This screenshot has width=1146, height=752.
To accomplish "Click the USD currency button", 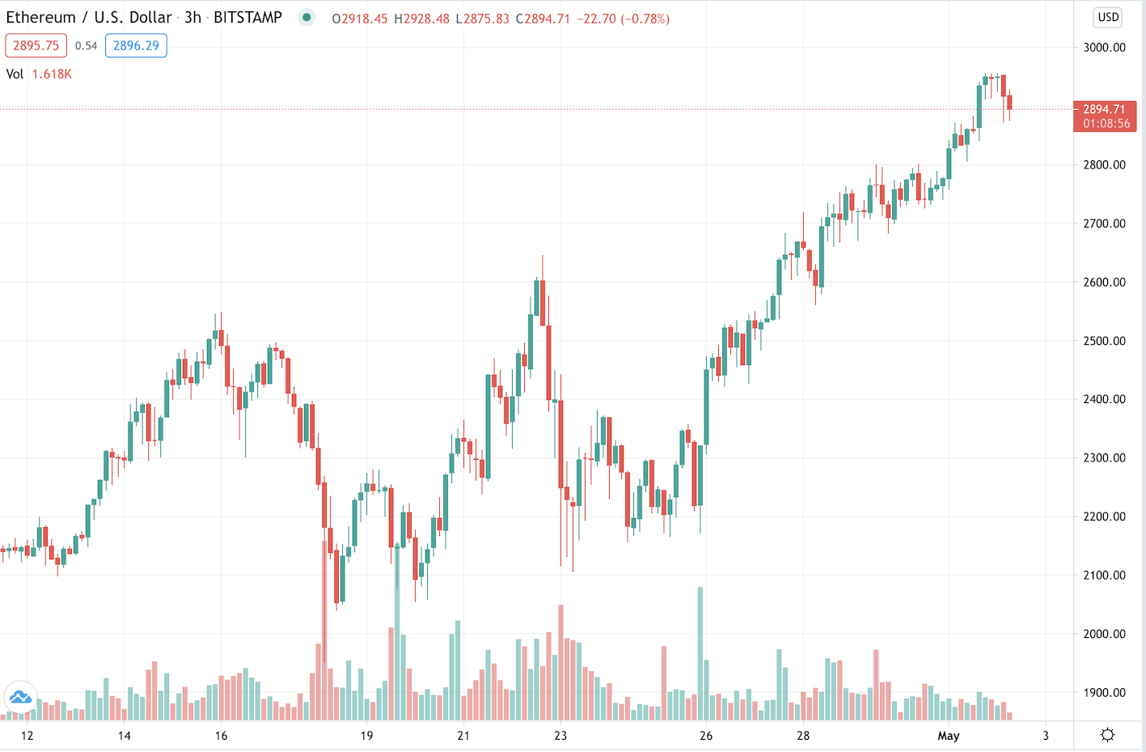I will [x=1107, y=17].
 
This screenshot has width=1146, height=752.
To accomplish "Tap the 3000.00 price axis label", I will [x=1104, y=47].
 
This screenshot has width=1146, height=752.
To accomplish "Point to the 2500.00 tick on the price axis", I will [x=1104, y=341].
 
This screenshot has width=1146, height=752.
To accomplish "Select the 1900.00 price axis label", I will [x=1104, y=693].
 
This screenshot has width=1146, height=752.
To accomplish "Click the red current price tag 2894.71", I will [x=1104, y=109].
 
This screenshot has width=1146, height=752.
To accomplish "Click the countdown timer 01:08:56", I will [x=1106, y=124].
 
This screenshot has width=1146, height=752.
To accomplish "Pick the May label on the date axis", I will [x=948, y=736].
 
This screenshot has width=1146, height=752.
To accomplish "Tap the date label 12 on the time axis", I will [x=27, y=736].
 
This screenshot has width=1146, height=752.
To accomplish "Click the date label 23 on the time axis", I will [x=560, y=736].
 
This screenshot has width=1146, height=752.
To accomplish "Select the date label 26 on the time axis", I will [x=706, y=736].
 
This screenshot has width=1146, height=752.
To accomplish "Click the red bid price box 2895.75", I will [x=36, y=46].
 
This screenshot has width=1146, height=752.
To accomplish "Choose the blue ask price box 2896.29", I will [x=136, y=46].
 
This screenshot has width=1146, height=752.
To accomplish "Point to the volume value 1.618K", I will [x=52, y=74].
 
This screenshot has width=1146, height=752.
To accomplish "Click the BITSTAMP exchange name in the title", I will [x=247, y=18].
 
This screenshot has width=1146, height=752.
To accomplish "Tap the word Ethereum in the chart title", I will [x=40, y=18].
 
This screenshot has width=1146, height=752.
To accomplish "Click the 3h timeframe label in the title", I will [x=192, y=18].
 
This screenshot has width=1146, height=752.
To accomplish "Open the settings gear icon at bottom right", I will [x=1107, y=735].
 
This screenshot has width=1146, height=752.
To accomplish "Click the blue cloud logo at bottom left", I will [x=20, y=697].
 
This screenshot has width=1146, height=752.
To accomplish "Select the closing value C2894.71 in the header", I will [x=543, y=19].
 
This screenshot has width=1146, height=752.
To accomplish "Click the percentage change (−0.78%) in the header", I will [x=645, y=19].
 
